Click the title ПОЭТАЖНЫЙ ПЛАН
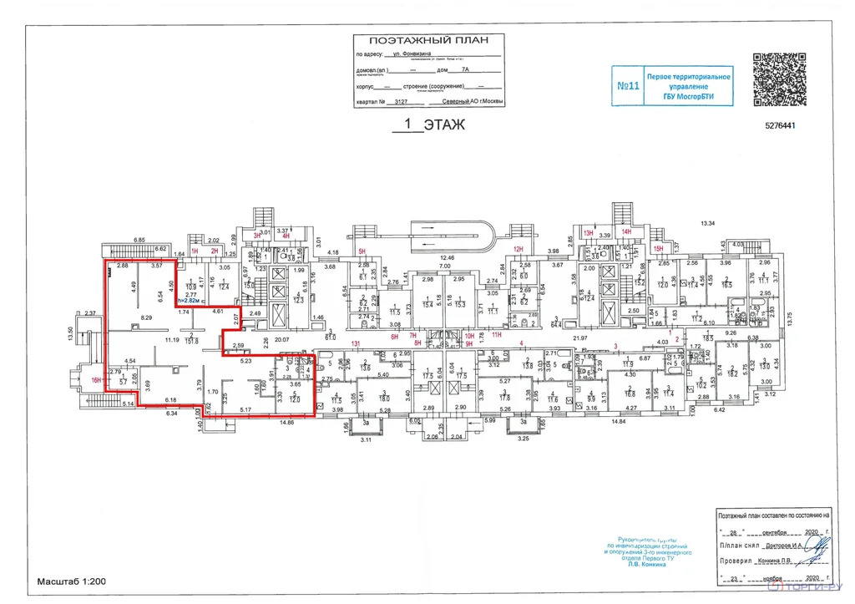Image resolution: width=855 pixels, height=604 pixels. [425, 40]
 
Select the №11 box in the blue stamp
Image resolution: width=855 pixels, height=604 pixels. [628, 86]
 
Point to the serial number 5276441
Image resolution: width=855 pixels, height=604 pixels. [782, 127]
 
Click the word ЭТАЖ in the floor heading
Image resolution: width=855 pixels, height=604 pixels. [443, 125]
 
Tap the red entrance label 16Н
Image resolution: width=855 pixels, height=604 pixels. [96, 380]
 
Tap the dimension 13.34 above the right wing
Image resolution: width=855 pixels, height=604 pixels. [709, 223]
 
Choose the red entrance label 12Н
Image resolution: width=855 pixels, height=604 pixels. [518, 249]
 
